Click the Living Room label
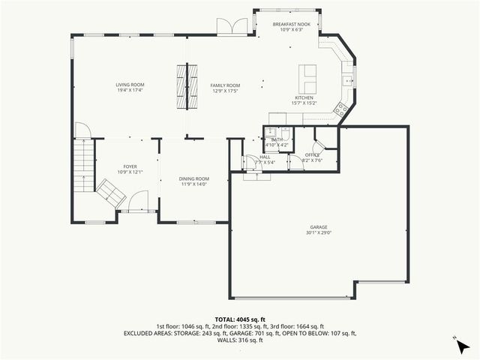point(130,85)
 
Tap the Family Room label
point(225,85)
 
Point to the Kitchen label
point(304,98)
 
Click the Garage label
point(319,227)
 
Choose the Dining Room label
point(192,178)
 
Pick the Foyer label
point(130,167)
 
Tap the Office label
point(312,154)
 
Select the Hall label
point(265,157)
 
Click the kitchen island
point(308,76)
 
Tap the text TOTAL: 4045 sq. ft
point(240,319)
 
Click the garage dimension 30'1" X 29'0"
point(319,232)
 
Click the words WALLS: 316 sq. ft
point(240,340)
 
